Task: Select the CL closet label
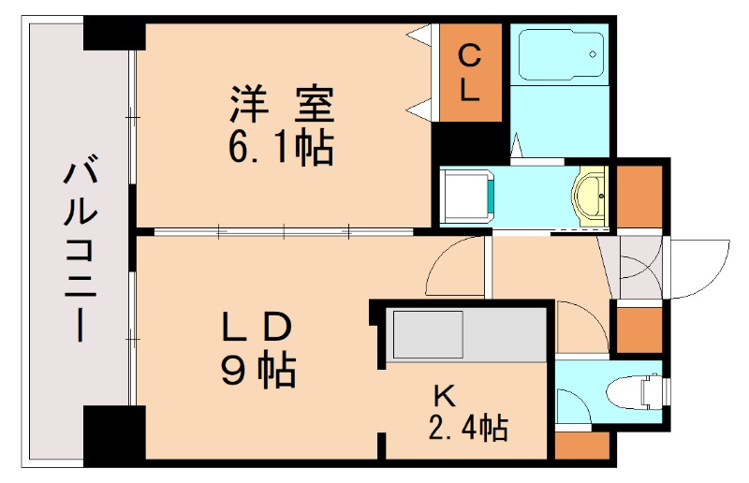click(x=471, y=74)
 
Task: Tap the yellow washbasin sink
click(x=590, y=198)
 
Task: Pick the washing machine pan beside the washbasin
click(x=466, y=195)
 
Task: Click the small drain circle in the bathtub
click(x=593, y=54)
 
